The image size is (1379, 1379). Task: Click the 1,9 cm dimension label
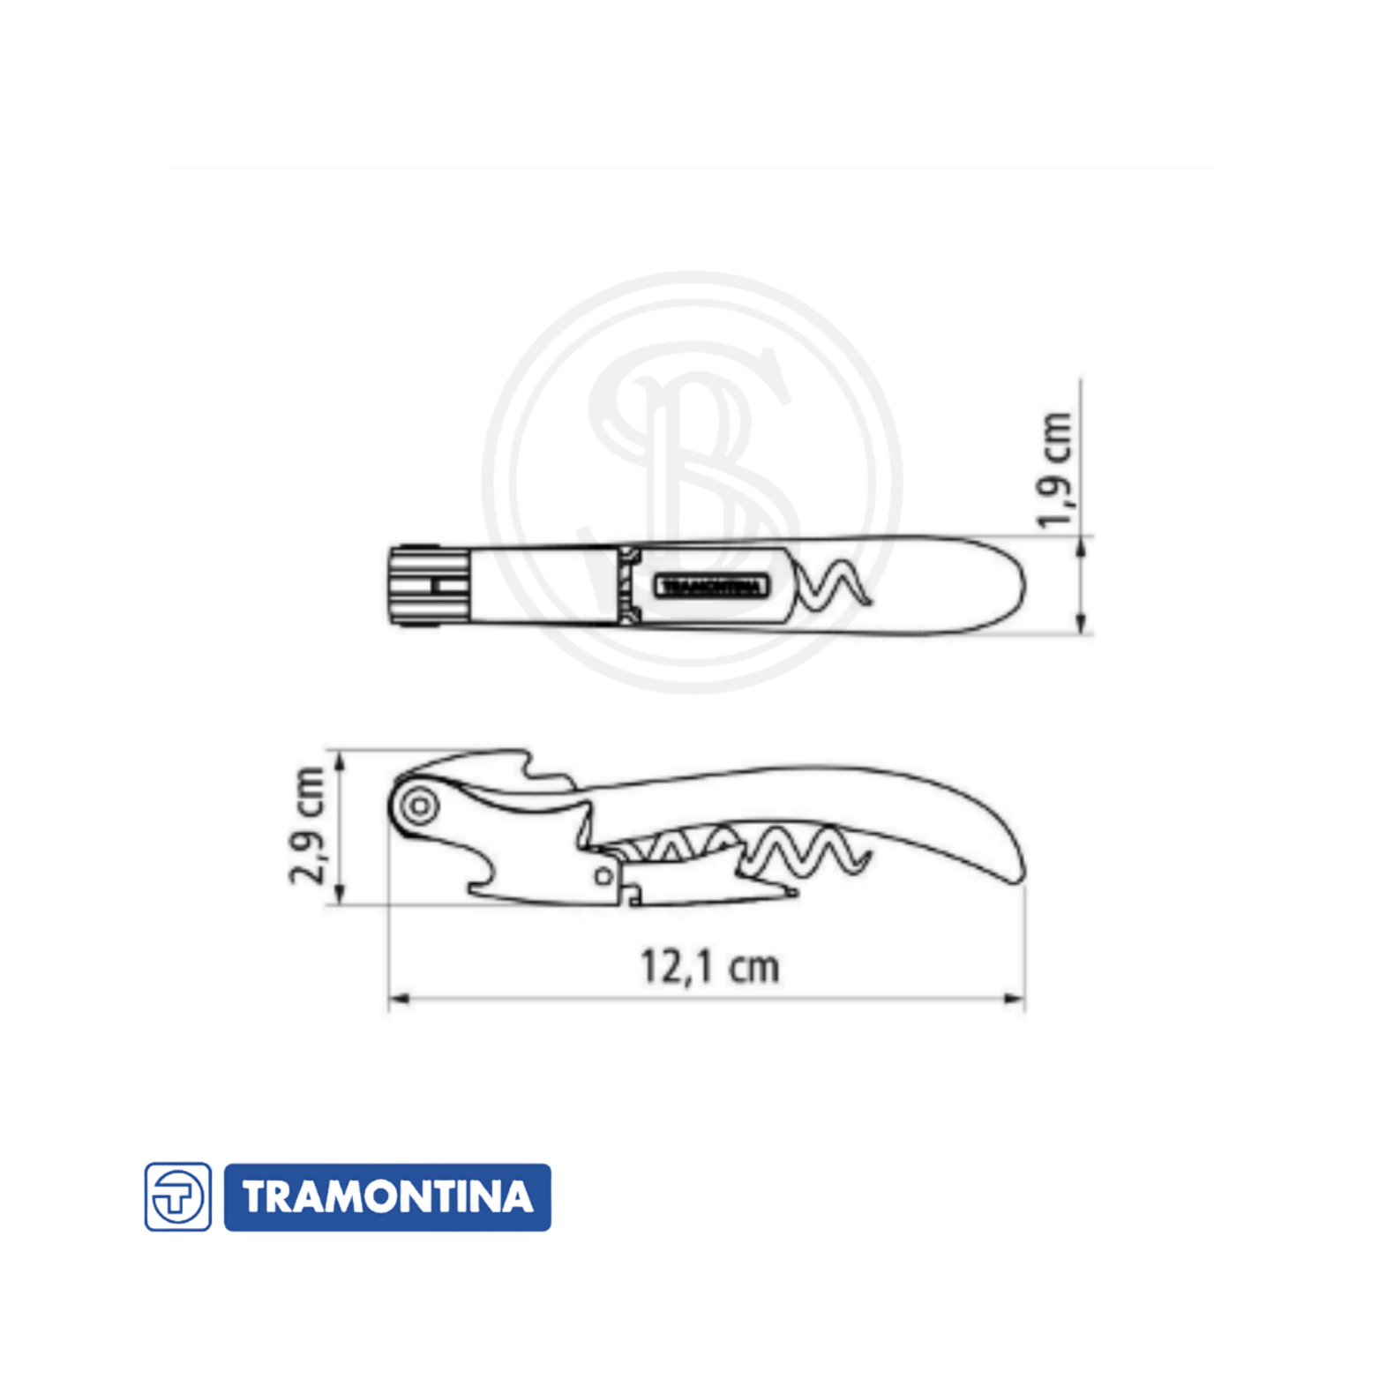tap(1055, 470)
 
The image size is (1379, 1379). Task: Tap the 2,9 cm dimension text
tap(308, 826)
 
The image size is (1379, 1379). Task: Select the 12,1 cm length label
tap(710, 966)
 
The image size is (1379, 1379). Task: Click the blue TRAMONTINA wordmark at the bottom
tap(387, 1197)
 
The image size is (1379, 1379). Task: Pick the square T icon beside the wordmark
tap(177, 1197)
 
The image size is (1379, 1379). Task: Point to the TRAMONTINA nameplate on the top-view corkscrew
tap(711, 586)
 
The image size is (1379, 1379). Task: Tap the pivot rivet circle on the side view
tap(420, 805)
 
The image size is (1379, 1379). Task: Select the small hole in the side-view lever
tap(603, 876)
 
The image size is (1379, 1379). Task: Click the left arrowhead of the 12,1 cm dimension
tap(399, 999)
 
